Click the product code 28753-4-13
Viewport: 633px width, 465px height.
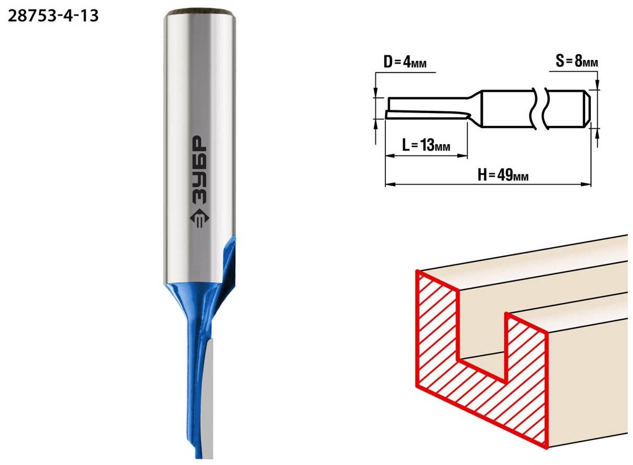click(x=53, y=16)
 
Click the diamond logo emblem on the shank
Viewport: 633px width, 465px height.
click(x=199, y=218)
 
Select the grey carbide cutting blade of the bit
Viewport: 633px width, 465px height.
click(x=208, y=399)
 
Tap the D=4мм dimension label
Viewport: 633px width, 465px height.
click(x=405, y=62)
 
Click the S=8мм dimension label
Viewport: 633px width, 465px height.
click(x=577, y=61)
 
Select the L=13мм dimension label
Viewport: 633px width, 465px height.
click(x=426, y=145)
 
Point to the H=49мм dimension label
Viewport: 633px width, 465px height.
click(x=503, y=175)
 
